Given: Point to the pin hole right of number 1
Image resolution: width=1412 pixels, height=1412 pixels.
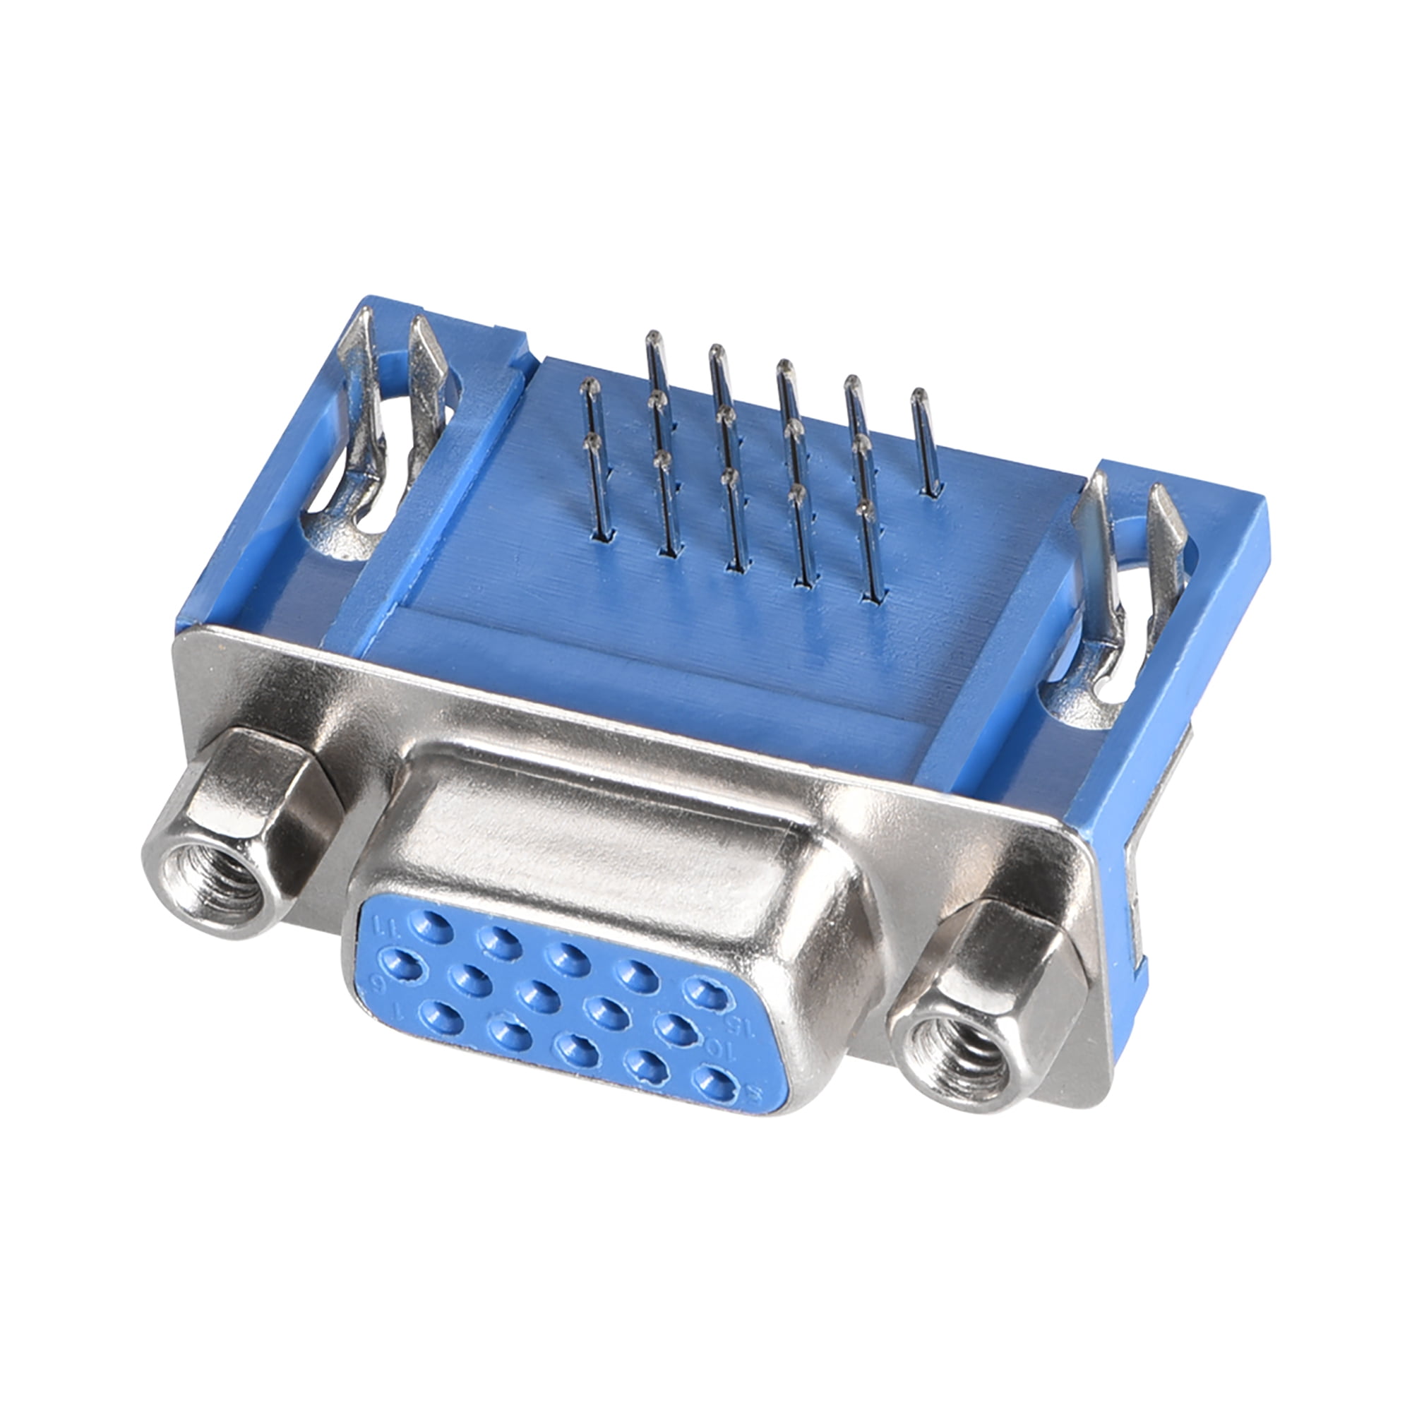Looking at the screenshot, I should (x=441, y=1017).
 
